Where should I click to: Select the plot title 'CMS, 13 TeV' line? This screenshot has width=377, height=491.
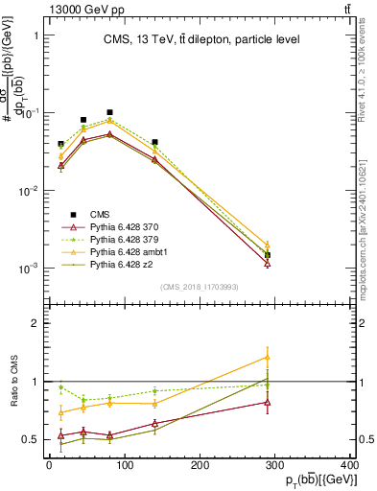(x=201, y=39)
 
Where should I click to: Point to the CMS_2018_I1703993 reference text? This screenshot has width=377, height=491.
(x=200, y=287)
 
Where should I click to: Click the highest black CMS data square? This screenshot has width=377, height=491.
(x=110, y=112)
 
